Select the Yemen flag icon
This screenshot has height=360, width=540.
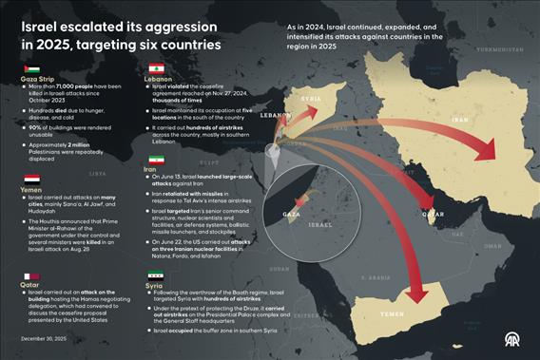coord(30,178)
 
